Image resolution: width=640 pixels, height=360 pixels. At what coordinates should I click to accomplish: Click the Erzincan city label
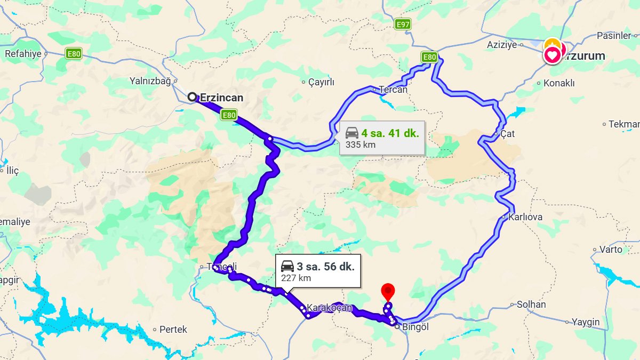(221, 98)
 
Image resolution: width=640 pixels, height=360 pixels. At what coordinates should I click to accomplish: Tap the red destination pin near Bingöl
(388, 291)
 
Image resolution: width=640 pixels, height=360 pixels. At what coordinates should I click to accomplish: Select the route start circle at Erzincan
(192, 97)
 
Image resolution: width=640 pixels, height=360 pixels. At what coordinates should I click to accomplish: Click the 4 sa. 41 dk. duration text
(390, 133)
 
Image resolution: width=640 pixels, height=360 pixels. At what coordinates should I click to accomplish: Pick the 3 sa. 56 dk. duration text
(325, 266)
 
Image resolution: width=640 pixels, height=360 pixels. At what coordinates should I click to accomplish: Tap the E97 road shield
(403, 25)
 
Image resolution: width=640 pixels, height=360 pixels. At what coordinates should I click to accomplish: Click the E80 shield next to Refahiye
(74, 53)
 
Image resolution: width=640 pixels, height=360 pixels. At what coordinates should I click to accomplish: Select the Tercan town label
(393, 90)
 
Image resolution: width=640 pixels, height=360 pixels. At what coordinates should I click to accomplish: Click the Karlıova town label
(525, 217)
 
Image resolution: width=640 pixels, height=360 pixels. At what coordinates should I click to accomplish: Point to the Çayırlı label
(321, 82)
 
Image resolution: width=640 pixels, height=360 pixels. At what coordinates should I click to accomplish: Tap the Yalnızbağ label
(150, 82)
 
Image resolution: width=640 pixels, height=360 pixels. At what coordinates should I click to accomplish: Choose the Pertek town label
(173, 330)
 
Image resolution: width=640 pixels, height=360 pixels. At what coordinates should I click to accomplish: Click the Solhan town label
(531, 305)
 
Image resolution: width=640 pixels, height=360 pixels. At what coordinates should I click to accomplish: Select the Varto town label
(611, 249)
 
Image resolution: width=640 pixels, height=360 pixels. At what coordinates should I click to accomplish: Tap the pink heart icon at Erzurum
(553, 55)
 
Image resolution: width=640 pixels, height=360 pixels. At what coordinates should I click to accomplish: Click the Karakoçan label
(330, 308)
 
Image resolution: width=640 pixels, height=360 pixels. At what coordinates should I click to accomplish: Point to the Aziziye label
(502, 45)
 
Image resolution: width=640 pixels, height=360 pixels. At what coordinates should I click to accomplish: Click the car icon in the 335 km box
(352, 133)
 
